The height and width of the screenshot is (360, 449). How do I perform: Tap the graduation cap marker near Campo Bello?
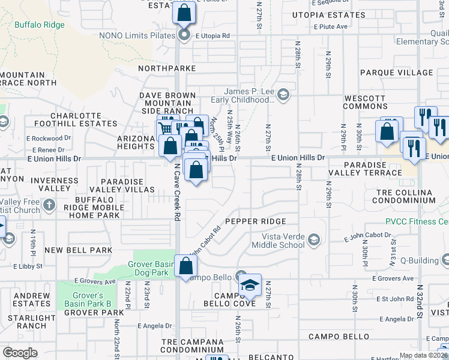click(250, 285)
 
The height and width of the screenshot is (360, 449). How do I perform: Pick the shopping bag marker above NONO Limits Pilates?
click(184, 12)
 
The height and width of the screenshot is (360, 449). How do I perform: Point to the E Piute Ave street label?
click(331, 26)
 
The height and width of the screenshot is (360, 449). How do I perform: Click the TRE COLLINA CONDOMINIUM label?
click(405, 196)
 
